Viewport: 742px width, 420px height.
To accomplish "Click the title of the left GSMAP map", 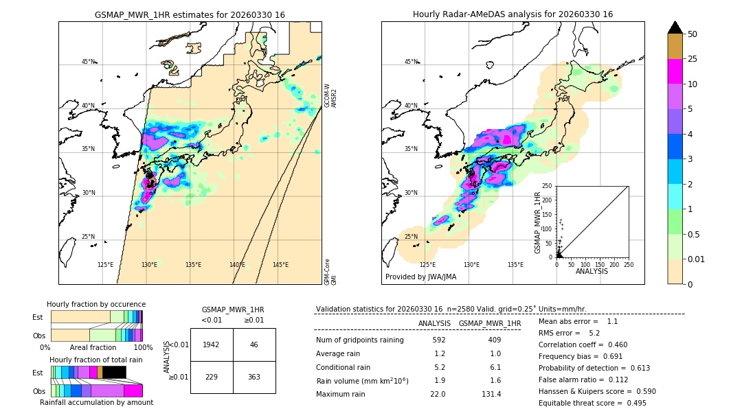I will click(x=190, y=14).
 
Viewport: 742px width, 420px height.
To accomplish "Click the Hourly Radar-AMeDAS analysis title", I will click(x=513, y=14).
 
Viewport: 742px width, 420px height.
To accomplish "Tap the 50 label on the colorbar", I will click(x=693, y=34).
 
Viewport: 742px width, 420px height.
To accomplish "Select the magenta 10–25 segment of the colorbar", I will click(x=675, y=71).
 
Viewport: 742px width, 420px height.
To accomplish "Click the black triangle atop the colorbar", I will click(x=675, y=27).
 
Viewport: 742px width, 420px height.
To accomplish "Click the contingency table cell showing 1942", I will click(x=212, y=345).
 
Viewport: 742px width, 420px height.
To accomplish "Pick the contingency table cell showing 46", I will click(x=254, y=345).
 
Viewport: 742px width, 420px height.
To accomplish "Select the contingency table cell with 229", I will click(x=212, y=377).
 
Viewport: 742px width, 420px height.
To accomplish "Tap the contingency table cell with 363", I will click(x=254, y=377).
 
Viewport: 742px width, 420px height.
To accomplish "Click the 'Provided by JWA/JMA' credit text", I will click(x=420, y=277).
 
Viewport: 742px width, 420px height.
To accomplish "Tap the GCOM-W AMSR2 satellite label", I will click(x=330, y=96).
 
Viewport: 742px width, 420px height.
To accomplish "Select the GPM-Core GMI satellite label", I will click(x=330, y=272).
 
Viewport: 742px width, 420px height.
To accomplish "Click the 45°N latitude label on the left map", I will click(x=88, y=62).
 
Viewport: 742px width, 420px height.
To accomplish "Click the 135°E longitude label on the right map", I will click(x=515, y=265).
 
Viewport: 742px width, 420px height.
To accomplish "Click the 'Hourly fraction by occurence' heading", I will click(x=96, y=304).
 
